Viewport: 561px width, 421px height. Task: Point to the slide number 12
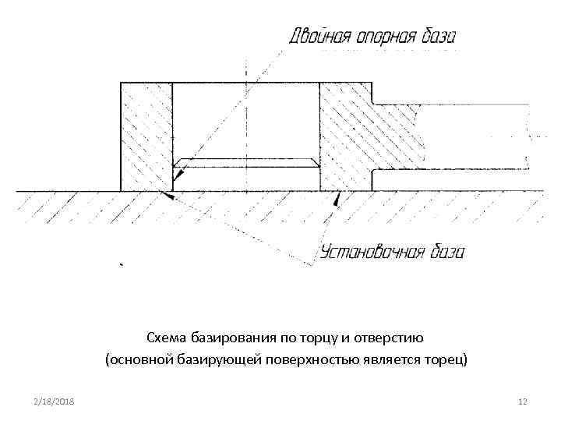coord(523,401)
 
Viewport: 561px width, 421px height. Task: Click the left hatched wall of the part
coord(146,136)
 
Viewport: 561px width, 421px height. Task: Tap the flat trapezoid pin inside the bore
coord(245,163)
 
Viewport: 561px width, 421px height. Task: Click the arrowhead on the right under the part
coord(336,200)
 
